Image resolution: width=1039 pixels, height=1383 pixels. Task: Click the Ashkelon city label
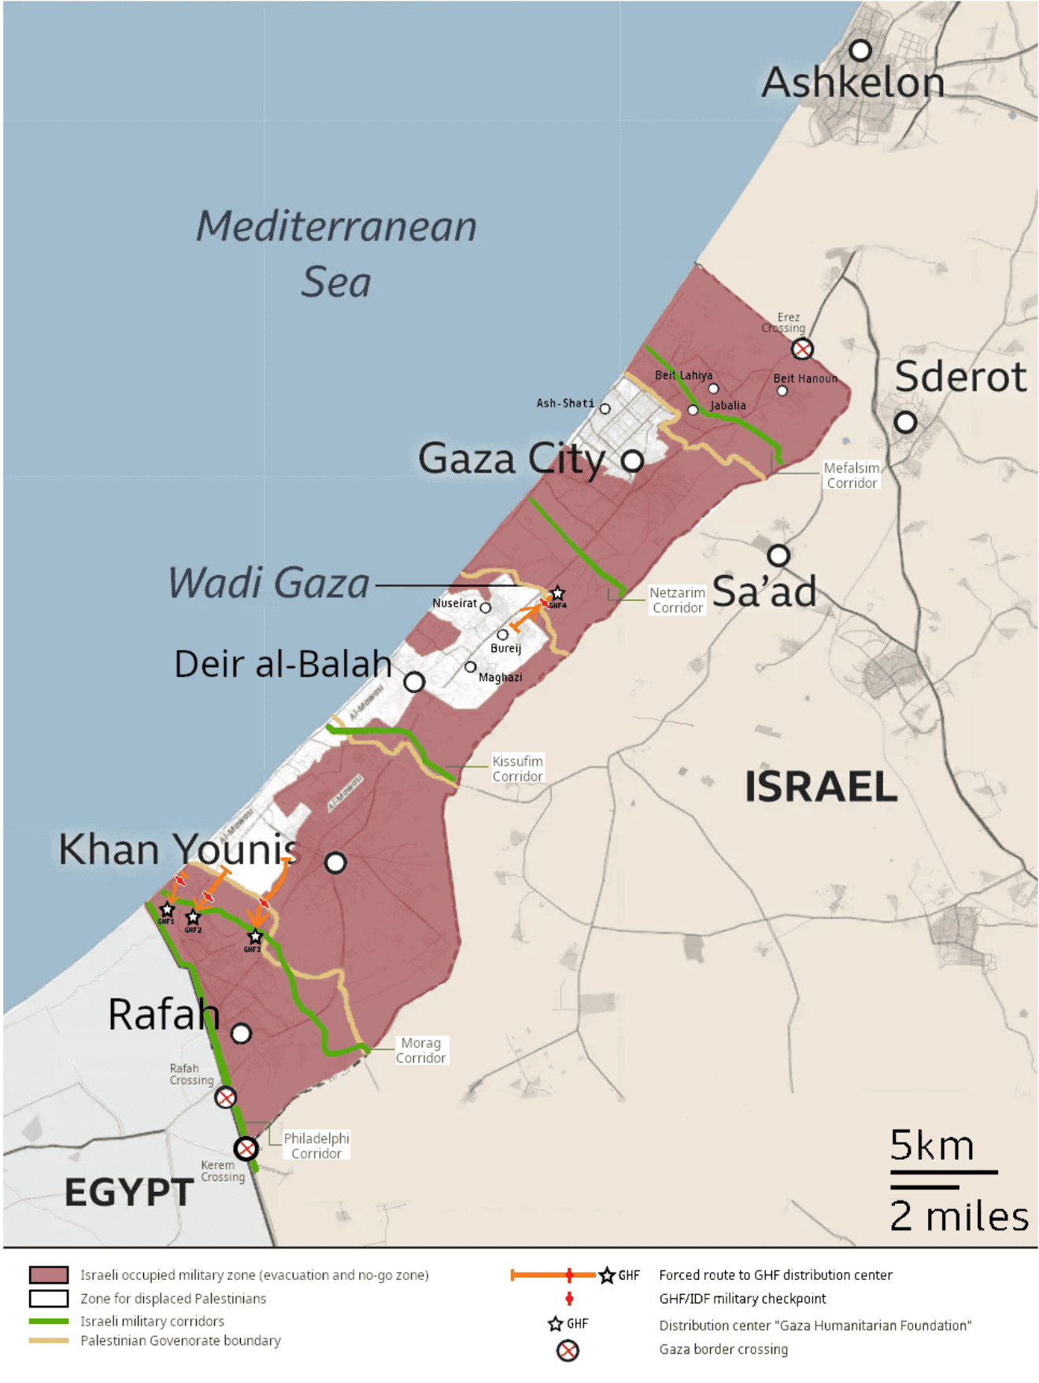tap(852, 83)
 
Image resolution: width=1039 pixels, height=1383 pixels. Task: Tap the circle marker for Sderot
tap(905, 422)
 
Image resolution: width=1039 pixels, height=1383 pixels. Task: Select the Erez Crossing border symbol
tap(802, 349)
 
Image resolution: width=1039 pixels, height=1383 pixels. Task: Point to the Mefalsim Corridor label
tap(852, 475)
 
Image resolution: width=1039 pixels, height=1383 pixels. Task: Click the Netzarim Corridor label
tap(677, 600)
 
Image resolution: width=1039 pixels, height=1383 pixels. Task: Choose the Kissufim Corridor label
tap(517, 769)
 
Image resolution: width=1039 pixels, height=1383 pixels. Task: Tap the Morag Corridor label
tap(421, 1050)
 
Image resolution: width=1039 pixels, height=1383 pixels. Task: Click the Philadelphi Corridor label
tap(316, 1145)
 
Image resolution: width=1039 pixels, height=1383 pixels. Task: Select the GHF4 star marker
tap(557, 593)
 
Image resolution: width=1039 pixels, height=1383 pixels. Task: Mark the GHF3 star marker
tap(254, 936)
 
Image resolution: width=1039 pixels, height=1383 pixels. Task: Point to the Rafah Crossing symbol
tap(226, 1097)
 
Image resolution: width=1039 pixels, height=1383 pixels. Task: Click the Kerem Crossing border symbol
tap(246, 1149)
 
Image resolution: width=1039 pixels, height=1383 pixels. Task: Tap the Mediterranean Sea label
tap(337, 253)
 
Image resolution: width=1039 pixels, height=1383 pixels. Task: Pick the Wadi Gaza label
tap(269, 583)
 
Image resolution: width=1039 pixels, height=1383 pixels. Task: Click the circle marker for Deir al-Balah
tap(414, 681)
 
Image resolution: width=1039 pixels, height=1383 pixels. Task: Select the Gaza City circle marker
tap(632, 461)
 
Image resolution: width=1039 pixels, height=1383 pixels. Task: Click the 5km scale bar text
tap(932, 1145)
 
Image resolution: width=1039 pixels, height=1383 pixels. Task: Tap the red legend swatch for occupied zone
tap(49, 1275)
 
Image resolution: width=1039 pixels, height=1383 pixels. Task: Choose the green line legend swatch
tap(49, 1322)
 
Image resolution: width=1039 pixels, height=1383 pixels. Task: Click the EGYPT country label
tap(129, 1193)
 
